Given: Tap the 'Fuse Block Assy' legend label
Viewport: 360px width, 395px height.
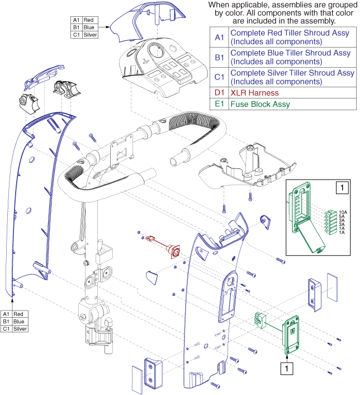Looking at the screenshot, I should tap(260, 104).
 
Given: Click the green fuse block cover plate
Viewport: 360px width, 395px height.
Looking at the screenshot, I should tap(291, 335).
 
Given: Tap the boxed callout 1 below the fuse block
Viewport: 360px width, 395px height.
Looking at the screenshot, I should tap(287, 369).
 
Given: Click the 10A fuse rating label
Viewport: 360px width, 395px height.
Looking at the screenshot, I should tap(342, 212).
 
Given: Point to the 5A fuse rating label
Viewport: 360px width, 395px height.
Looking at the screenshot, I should tap(342, 217).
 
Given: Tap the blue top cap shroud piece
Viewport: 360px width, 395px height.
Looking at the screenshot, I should tap(137, 22).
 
